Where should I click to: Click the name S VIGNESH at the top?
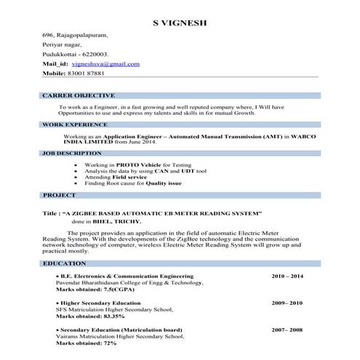click(x=180, y=23)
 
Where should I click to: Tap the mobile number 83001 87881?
click(x=84, y=73)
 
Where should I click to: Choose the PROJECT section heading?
click(x=60, y=196)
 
